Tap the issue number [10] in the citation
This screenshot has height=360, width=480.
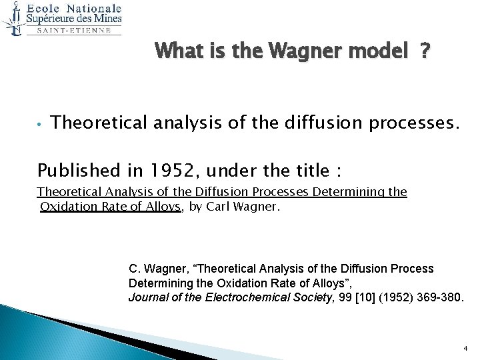(x=354, y=297)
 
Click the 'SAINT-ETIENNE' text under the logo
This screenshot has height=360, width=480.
(x=73, y=30)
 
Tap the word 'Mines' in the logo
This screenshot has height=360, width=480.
(x=107, y=19)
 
